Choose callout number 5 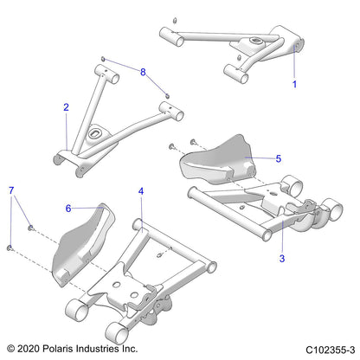point(278,158)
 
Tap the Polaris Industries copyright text point(70,347)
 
